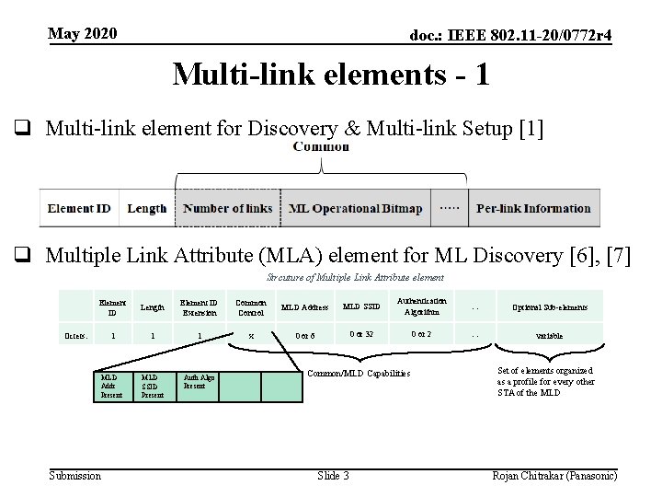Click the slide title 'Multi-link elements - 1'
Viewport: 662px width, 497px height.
point(330,74)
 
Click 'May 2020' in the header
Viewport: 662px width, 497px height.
point(83,34)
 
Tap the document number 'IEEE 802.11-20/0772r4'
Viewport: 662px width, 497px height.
point(511,35)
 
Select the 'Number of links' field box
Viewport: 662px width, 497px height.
point(228,208)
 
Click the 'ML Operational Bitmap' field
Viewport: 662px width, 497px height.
point(355,208)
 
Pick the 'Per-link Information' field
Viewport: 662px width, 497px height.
point(533,208)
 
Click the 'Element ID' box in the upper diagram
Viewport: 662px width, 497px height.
point(79,208)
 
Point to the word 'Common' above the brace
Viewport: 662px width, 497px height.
point(321,146)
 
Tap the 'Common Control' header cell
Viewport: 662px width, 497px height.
point(251,306)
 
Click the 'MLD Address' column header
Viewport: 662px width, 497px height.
point(304,306)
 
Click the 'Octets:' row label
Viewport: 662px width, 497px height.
point(74,335)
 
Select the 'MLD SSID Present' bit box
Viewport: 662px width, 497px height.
point(153,386)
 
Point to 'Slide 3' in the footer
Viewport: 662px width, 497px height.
point(333,475)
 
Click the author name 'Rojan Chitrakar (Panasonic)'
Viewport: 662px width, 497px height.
point(554,475)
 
